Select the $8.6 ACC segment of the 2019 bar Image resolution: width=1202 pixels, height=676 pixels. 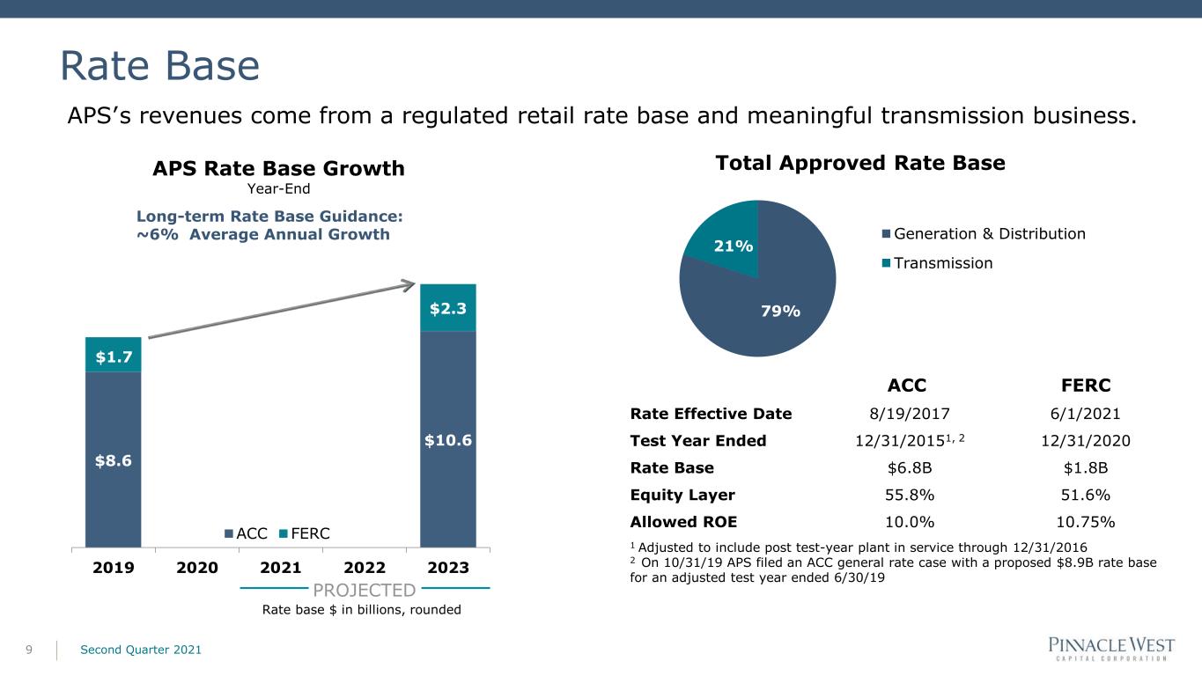click(113, 459)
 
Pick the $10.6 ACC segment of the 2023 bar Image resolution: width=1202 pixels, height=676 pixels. click(447, 438)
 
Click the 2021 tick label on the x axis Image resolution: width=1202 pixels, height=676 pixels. click(281, 567)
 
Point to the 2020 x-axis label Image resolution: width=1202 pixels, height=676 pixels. click(197, 567)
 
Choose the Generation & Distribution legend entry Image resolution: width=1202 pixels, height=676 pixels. click(984, 233)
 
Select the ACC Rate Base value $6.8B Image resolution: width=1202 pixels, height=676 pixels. click(906, 467)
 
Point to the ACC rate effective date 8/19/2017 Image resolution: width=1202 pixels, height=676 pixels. click(906, 414)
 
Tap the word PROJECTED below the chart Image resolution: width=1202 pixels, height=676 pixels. click(364, 590)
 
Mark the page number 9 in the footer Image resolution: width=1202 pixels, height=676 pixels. click(29, 650)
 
